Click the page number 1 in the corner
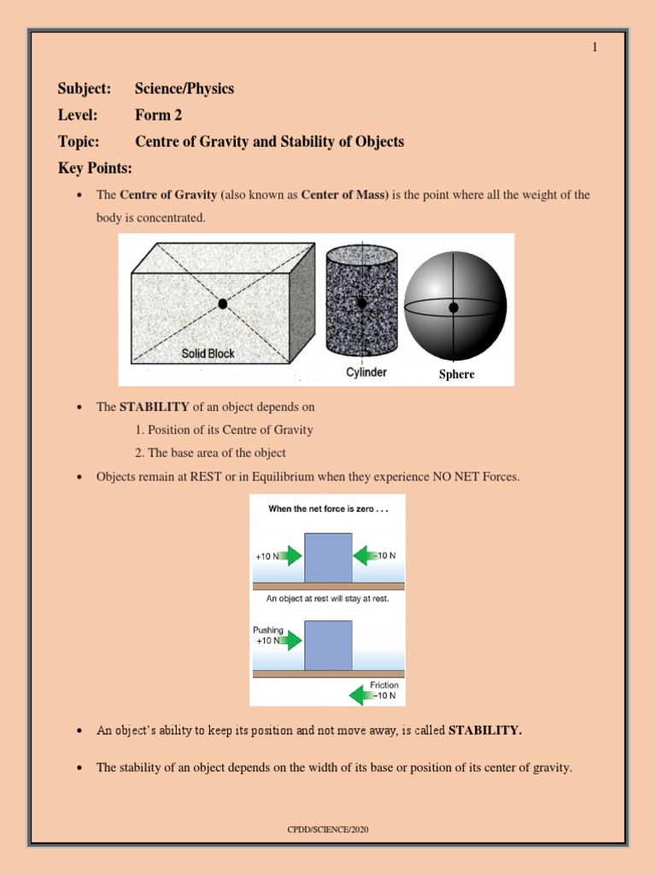click(x=594, y=47)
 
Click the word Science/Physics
click(x=184, y=89)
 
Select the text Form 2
click(x=158, y=115)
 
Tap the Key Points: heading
click(x=95, y=167)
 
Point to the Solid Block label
click(x=208, y=353)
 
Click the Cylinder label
click(x=366, y=372)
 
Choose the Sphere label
click(x=457, y=374)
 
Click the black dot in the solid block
click(x=223, y=303)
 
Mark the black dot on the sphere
click(x=454, y=307)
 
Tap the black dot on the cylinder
click(x=362, y=303)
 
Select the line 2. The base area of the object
click(x=210, y=453)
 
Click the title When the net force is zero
click(x=327, y=508)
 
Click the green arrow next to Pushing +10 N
click(x=290, y=639)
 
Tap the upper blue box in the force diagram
click(x=328, y=557)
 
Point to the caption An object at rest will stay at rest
click(x=328, y=598)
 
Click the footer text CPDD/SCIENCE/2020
click(x=328, y=829)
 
